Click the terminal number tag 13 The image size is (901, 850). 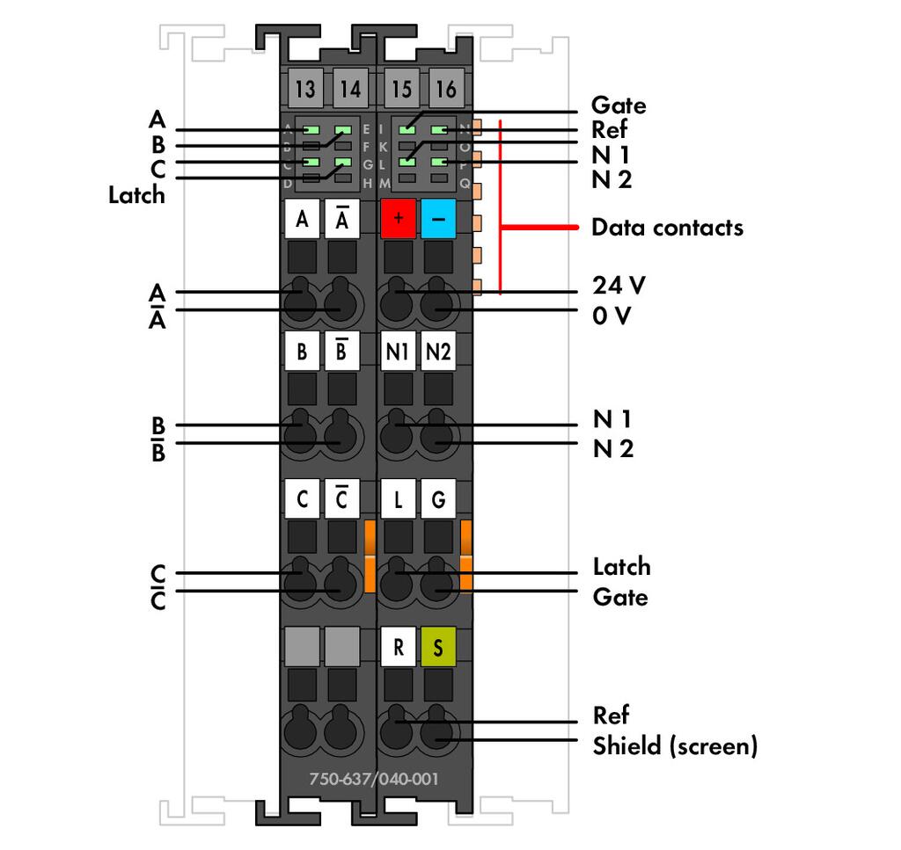tap(305, 89)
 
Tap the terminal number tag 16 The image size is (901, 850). tap(446, 89)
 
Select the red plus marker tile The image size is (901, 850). tap(399, 218)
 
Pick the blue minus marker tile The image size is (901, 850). tap(438, 218)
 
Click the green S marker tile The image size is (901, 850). tap(438, 649)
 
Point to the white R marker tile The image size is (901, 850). tap(399, 649)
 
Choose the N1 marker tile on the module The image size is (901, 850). tap(399, 352)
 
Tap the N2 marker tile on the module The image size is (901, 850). tap(438, 352)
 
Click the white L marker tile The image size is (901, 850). tap(399, 500)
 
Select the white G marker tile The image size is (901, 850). tap(438, 500)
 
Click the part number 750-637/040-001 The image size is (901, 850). tap(374, 779)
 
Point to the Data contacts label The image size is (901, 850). tap(667, 228)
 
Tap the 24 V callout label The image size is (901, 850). tap(619, 286)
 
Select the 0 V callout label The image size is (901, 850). tap(612, 316)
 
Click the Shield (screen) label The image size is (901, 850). tap(675, 746)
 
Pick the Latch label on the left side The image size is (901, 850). tap(136, 195)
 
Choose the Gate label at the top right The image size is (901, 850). tap(619, 105)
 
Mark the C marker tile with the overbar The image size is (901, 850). tap(342, 500)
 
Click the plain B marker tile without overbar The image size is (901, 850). tap(302, 352)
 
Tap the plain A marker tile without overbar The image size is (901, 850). tap(302, 218)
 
